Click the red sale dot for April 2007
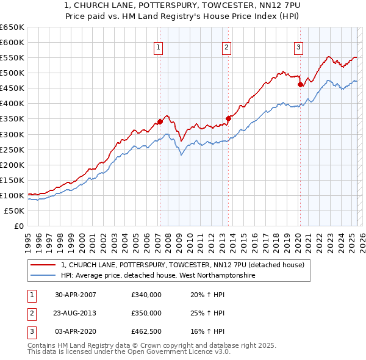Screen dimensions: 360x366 (160, 121)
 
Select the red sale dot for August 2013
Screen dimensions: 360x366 (228, 118)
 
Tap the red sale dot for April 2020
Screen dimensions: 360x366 (300, 84)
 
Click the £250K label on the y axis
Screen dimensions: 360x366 (12, 149)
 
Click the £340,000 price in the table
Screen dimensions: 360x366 (146, 295)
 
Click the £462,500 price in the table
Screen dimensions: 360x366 (146, 331)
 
